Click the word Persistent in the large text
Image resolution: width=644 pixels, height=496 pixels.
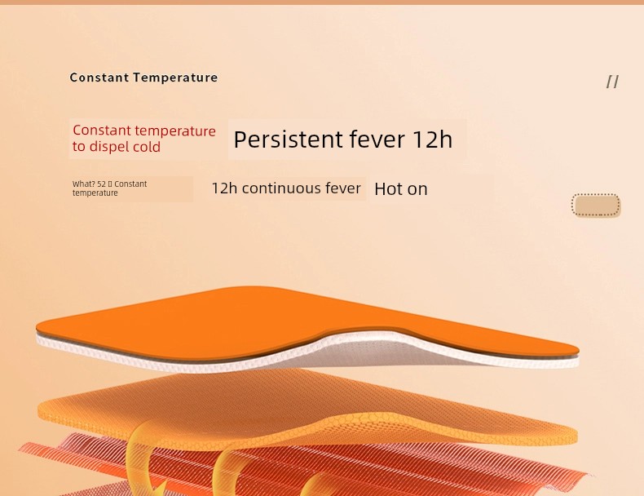[288, 139]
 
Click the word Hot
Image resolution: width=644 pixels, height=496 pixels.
[388, 189]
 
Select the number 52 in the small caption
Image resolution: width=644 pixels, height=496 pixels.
[101, 184]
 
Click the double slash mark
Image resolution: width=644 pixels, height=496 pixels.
[612, 82]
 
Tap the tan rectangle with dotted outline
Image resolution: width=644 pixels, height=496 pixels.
[596, 205]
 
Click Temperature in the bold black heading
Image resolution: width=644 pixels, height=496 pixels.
[175, 77]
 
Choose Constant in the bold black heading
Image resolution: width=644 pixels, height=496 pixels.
[99, 77]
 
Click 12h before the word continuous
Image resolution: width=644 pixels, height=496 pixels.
[224, 188]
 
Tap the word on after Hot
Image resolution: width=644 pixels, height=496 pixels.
[417, 190]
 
